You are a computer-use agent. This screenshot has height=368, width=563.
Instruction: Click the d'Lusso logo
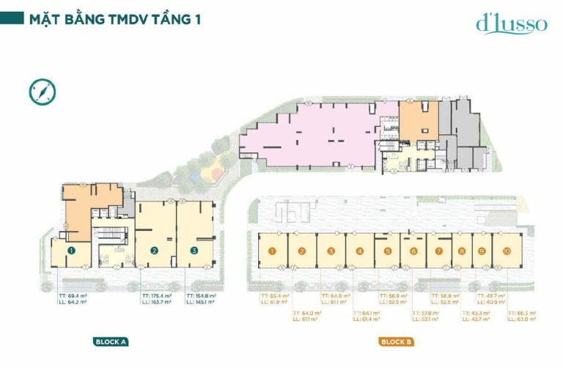pyautogui.click(x=511, y=23)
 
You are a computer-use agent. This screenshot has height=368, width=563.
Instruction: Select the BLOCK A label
pyautogui.click(x=111, y=341)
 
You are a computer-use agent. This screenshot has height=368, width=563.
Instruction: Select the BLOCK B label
pyautogui.click(x=396, y=341)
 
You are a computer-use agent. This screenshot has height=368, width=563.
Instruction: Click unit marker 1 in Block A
pyautogui.click(x=71, y=250)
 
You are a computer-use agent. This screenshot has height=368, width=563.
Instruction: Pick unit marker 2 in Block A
pyautogui.click(x=155, y=250)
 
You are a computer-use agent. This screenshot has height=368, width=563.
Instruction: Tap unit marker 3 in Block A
pyautogui.click(x=194, y=250)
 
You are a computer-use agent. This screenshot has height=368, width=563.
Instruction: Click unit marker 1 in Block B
pyautogui.click(x=272, y=251)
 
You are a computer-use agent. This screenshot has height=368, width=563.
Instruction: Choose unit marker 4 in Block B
pyautogui.click(x=360, y=251)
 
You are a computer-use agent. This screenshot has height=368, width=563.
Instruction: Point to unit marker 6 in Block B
pyautogui.click(x=413, y=251)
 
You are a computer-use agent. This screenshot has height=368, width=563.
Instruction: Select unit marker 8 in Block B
pyautogui.click(x=462, y=251)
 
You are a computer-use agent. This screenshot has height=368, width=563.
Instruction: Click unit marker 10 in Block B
pyautogui.click(x=507, y=251)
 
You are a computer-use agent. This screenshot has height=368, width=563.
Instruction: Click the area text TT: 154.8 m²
pyautogui.click(x=201, y=295)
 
